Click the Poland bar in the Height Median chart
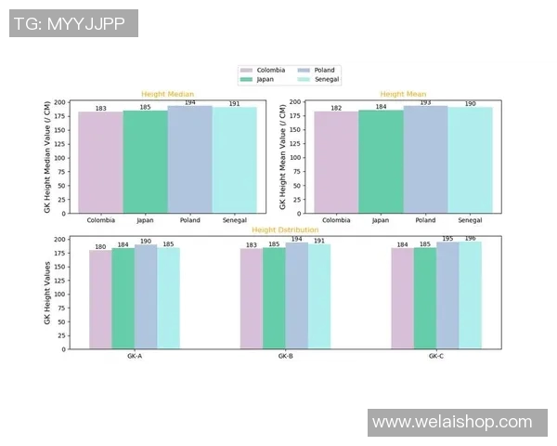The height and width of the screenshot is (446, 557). pyautogui.click(x=190, y=160)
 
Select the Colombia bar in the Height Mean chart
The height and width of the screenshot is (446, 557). pyautogui.click(x=336, y=163)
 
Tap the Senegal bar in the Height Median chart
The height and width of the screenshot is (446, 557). pyautogui.click(x=235, y=160)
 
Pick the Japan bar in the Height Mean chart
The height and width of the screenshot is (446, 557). pyautogui.click(x=381, y=162)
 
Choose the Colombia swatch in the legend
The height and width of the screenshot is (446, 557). pyautogui.click(x=247, y=71)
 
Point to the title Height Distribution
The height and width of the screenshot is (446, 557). pyautogui.click(x=285, y=230)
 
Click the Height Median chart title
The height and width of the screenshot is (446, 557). pyautogui.click(x=167, y=94)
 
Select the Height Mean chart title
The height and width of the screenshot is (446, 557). pyautogui.click(x=403, y=94)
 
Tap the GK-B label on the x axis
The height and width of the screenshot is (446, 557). pyautogui.click(x=285, y=357)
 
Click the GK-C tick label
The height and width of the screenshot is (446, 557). pyautogui.click(x=436, y=357)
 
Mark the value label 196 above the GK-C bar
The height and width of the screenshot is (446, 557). pyautogui.click(x=471, y=238)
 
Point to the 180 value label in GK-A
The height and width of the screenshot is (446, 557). pyautogui.click(x=100, y=246)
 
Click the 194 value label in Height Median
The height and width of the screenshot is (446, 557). pyautogui.click(x=190, y=103)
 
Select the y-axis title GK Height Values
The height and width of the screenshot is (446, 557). pyautogui.click(x=47, y=294)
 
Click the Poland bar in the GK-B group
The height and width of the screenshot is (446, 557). pyautogui.click(x=296, y=296)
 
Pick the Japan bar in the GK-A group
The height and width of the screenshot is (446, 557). pyautogui.click(x=123, y=299)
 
